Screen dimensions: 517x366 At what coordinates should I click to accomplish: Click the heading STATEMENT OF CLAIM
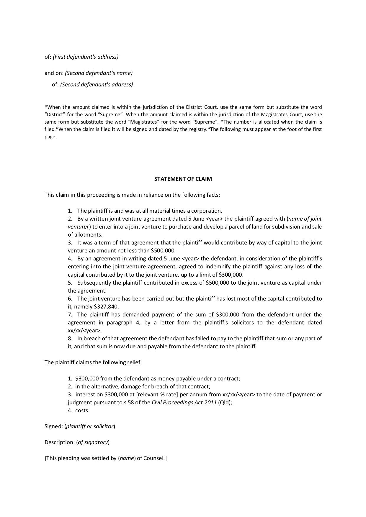coord(183,179)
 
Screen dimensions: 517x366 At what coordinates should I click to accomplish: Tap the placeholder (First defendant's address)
coord(86,57)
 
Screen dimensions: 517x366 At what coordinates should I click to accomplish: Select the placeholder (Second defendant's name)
coord(99,73)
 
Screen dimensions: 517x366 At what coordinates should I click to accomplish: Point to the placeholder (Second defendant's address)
coord(97,85)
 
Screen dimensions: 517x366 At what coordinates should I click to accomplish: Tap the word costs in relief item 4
coord(82,410)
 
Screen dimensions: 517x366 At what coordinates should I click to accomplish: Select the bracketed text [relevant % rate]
coord(155,394)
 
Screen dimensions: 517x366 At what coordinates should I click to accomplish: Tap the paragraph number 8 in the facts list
coord(70,338)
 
